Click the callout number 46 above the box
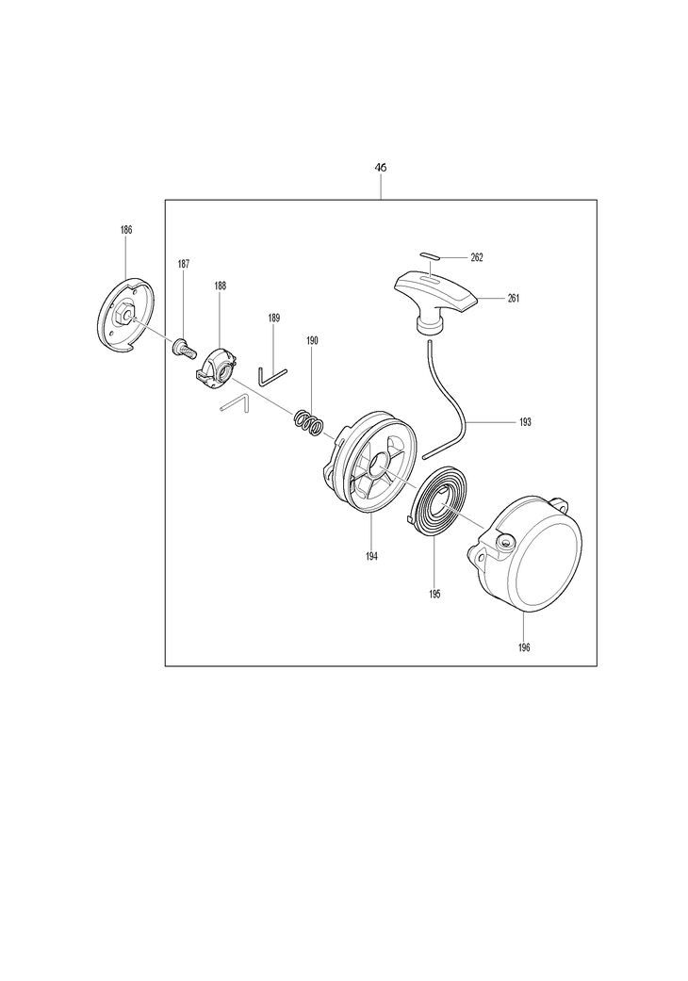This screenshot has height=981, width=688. (380, 168)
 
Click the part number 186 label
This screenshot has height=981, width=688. (126, 230)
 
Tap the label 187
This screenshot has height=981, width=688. (183, 265)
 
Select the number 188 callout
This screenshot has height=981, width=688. (221, 286)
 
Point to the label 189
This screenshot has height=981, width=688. (274, 319)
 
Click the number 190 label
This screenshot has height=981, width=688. (312, 341)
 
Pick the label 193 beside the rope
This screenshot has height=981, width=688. (525, 422)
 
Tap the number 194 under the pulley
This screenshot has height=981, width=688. (371, 556)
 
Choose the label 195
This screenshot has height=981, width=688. (434, 595)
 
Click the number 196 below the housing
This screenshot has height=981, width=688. (524, 647)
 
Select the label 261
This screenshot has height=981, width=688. (514, 299)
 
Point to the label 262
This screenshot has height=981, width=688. (477, 258)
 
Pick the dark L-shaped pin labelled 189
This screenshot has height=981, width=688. (271, 377)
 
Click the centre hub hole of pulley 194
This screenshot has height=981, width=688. (379, 466)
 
